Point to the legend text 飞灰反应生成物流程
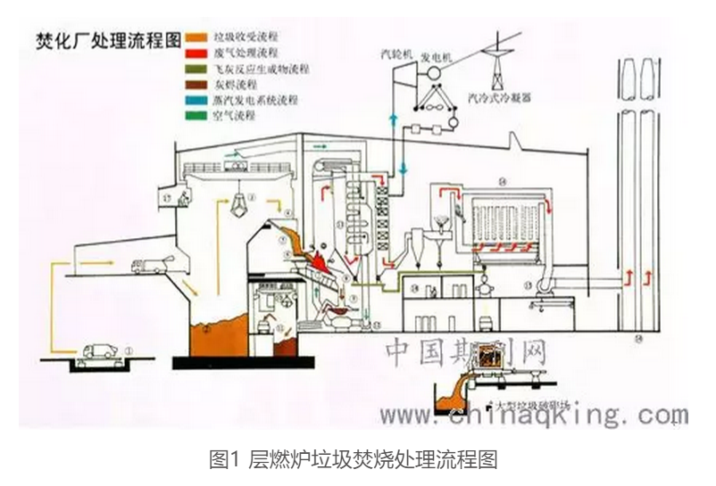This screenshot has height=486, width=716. point(265,69)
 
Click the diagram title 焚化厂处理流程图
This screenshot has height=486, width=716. point(106,40)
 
